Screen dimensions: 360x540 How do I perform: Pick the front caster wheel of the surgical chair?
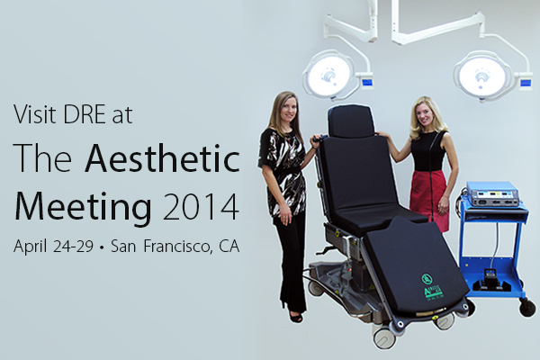coord(382,337)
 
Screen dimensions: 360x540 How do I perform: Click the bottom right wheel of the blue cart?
coord(527,309)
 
